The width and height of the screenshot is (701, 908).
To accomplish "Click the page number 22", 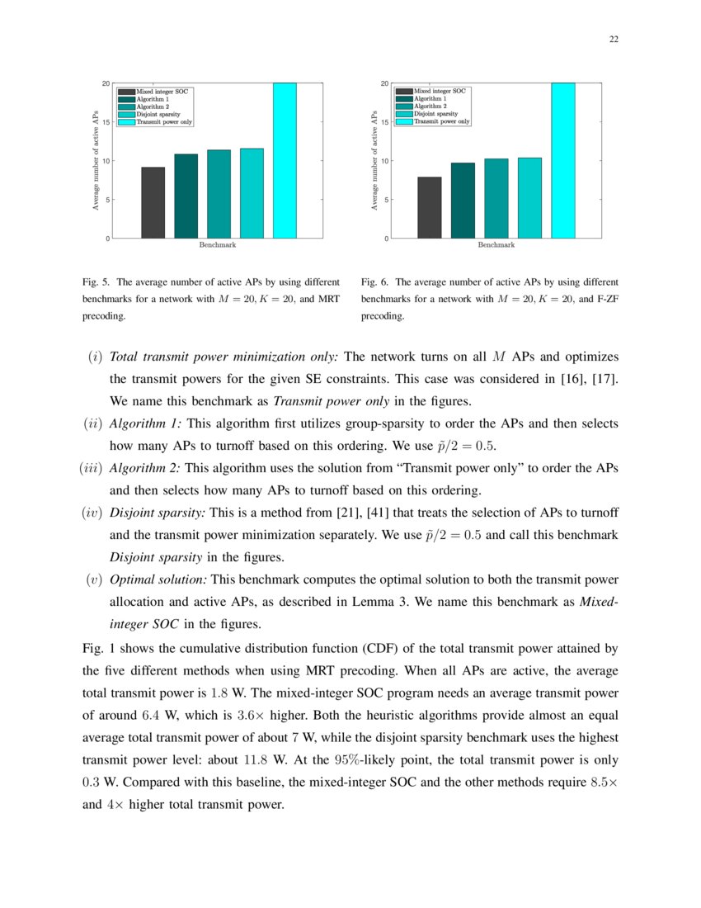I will pyautogui.click(x=614, y=39).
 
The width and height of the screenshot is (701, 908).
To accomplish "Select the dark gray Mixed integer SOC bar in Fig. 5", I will pyautogui.click(x=153, y=203).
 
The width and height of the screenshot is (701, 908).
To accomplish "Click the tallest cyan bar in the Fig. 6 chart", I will pyautogui.click(x=562, y=161).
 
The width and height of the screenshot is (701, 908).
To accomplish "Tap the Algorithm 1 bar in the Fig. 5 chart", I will pyautogui.click(x=186, y=196).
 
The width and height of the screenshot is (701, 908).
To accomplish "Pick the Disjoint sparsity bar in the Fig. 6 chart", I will pyautogui.click(x=529, y=198).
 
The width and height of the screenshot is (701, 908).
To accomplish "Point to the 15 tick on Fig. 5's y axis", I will pyautogui.click(x=106, y=122).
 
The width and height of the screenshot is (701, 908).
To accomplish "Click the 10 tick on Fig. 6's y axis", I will pyautogui.click(x=384, y=161).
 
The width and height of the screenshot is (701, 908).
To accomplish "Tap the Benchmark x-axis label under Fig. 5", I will pyautogui.click(x=217, y=245).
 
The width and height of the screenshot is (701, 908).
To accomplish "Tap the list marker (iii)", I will pyautogui.click(x=87, y=468).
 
